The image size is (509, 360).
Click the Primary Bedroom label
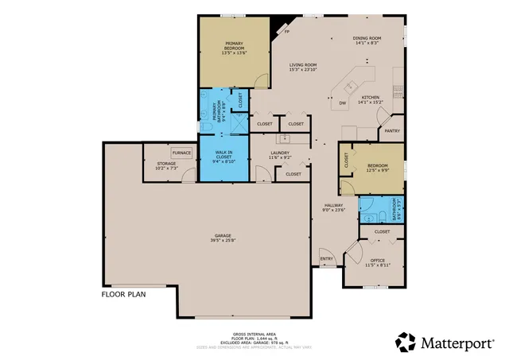tap(234, 48)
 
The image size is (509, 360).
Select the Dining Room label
tap(367, 41)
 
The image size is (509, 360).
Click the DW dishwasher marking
tap(343, 103)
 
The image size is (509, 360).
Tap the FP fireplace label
tap(286, 33)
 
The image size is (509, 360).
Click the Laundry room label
tap(279, 155)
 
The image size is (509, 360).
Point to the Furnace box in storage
tap(181, 153)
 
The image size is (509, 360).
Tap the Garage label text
tap(223, 237)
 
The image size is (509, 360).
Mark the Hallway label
tap(332, 208)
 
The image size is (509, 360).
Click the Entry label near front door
tap(326, 259)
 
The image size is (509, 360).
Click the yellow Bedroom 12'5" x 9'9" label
tap(377, 168)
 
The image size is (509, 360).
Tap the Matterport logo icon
tap(406, 343)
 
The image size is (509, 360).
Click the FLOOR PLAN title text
tap(122, 293)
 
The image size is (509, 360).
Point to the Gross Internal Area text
tap(254, 335)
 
